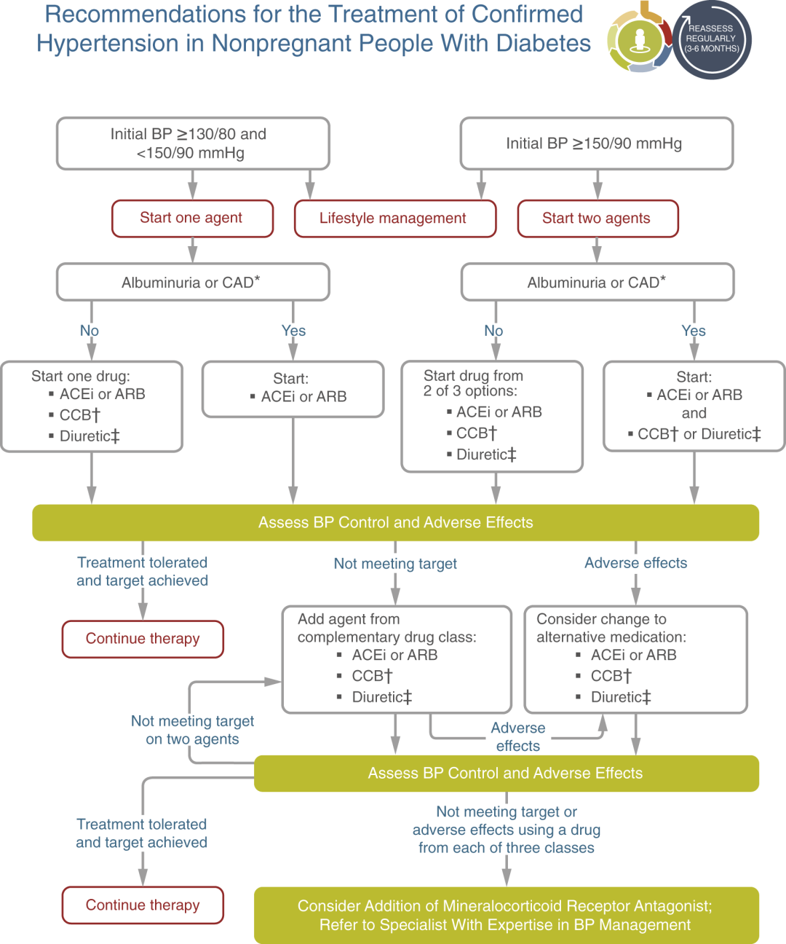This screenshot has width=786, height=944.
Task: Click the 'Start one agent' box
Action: coord(192,219)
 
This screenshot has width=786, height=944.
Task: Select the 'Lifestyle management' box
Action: coord(395,219)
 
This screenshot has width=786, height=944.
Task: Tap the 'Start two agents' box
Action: coord(598,219)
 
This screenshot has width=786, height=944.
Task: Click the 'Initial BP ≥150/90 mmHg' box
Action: coord(597,143)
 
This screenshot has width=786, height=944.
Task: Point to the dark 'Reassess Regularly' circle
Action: coord(712,39)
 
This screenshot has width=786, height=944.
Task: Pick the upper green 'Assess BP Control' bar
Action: coord(396,523)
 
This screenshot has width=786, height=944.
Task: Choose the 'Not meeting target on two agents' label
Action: coord(192,730)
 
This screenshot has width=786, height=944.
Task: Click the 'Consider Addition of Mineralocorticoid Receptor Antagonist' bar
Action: coord(507,915)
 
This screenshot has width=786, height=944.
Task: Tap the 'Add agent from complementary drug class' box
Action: coord(397,660)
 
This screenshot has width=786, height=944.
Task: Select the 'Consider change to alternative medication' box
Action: coord(636,660)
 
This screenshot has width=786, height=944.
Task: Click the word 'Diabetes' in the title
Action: coord(544,44)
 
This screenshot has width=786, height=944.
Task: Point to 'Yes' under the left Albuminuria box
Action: coord(293,331)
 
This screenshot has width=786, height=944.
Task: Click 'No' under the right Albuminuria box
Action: coord(493,331)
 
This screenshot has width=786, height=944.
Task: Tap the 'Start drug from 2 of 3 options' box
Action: coord(493,417)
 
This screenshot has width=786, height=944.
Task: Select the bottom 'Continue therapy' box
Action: coord(143,905)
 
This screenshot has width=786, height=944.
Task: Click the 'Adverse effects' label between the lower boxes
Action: coord(518,736)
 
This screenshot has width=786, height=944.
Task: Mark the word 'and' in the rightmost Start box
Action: coord(694,413)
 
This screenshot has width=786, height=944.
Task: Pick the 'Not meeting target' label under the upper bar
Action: coord(395,564)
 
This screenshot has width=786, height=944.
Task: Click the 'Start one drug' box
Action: coord(92,406)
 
